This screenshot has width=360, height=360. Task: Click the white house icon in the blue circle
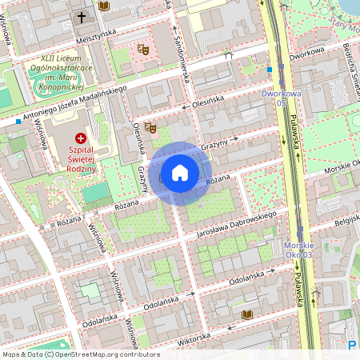180,173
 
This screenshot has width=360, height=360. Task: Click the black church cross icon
81,17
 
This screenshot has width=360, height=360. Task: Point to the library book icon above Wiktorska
246,314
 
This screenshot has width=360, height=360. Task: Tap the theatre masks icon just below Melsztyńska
144,50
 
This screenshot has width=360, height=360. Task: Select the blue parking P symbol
353,345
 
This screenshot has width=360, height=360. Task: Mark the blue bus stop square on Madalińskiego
18,121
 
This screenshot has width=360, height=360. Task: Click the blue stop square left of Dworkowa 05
270,70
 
